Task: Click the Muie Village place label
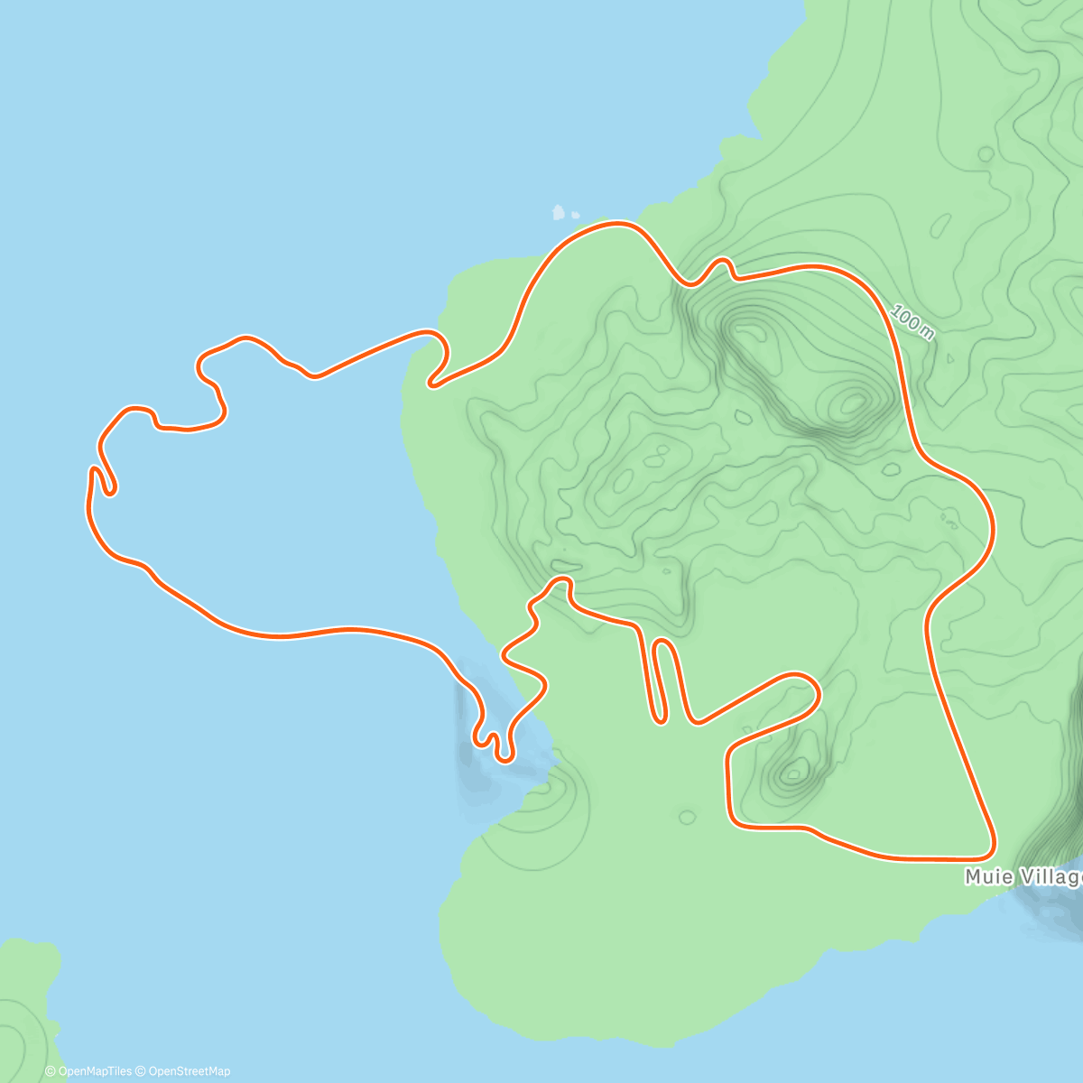[1023, 877]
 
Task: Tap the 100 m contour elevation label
[912, 322]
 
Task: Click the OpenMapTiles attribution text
[88, 1071]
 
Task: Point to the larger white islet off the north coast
[559, 214]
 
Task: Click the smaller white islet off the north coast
[576, 216]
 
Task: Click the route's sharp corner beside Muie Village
[990, 851]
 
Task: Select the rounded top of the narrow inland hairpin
[662, 643]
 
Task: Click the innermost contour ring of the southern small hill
[795, 772]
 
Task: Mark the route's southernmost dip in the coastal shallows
[505, 758]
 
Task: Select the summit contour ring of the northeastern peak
[851, 402]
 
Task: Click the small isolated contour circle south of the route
[687, 818]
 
